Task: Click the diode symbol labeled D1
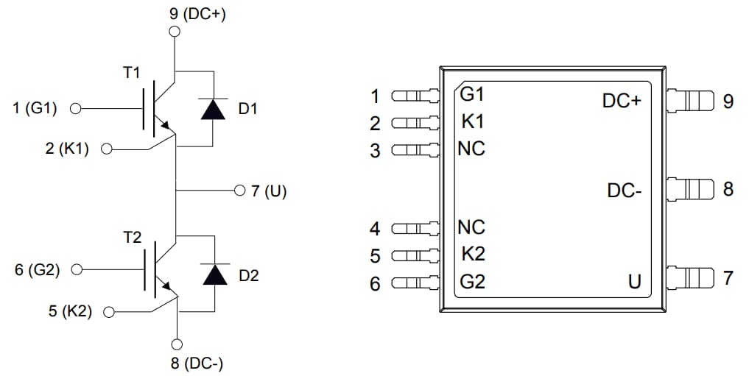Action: [x=214, y=109]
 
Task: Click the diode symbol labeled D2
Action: [x=214, y=274]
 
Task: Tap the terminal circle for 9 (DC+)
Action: [x=175, y=31]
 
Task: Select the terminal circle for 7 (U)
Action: [x=239, y=191]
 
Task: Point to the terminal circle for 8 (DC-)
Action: [x=177, y=344]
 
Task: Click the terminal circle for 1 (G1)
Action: [x=74, y=109]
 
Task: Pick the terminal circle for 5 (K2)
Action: [x=109, y=311]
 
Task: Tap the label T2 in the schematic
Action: [x=133, y=237]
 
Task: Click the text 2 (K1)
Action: [x=67, y=149]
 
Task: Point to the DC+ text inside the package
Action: [x=622, y=102]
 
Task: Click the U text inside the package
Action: [x=634, y=281]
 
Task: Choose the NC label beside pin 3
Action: [x=471, y=149]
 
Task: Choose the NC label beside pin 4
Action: [x=471, y=227]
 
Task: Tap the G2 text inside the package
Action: [x=472, y=281]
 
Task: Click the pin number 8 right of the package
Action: [x=728, y=189]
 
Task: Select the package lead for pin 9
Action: [x=690, y=99]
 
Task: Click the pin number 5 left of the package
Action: [x=375, y=256]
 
